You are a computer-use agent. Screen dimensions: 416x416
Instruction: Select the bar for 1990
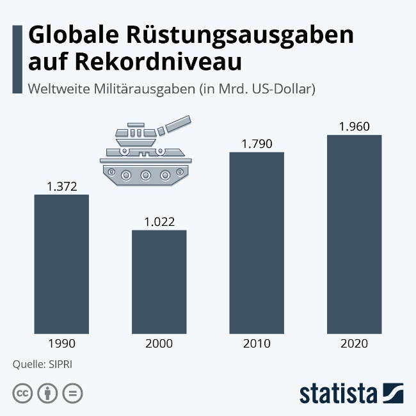click(61, 263)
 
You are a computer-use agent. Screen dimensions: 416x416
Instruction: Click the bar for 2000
click(159, 281)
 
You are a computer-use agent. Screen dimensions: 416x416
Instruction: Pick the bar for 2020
click(354, 234)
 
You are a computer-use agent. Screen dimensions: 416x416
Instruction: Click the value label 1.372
click(61, 187)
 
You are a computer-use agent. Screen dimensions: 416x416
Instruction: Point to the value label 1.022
click(159, 222)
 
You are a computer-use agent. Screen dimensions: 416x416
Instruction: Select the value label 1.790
click(257, 144)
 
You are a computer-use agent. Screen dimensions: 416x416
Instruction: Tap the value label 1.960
click(354, 127)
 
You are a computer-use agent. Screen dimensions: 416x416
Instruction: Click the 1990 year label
click(61, 344)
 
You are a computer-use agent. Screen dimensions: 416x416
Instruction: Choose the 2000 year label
click(159, 344)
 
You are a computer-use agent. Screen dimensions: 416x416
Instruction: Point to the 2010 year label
click(257, 344)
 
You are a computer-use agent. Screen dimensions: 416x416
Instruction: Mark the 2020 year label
click(354, 344)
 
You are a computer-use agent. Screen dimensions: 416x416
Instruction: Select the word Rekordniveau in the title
click(162, 62)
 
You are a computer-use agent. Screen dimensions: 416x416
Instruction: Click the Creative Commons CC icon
click(22, 393)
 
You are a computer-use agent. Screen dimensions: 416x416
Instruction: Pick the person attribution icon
click(47, 393)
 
